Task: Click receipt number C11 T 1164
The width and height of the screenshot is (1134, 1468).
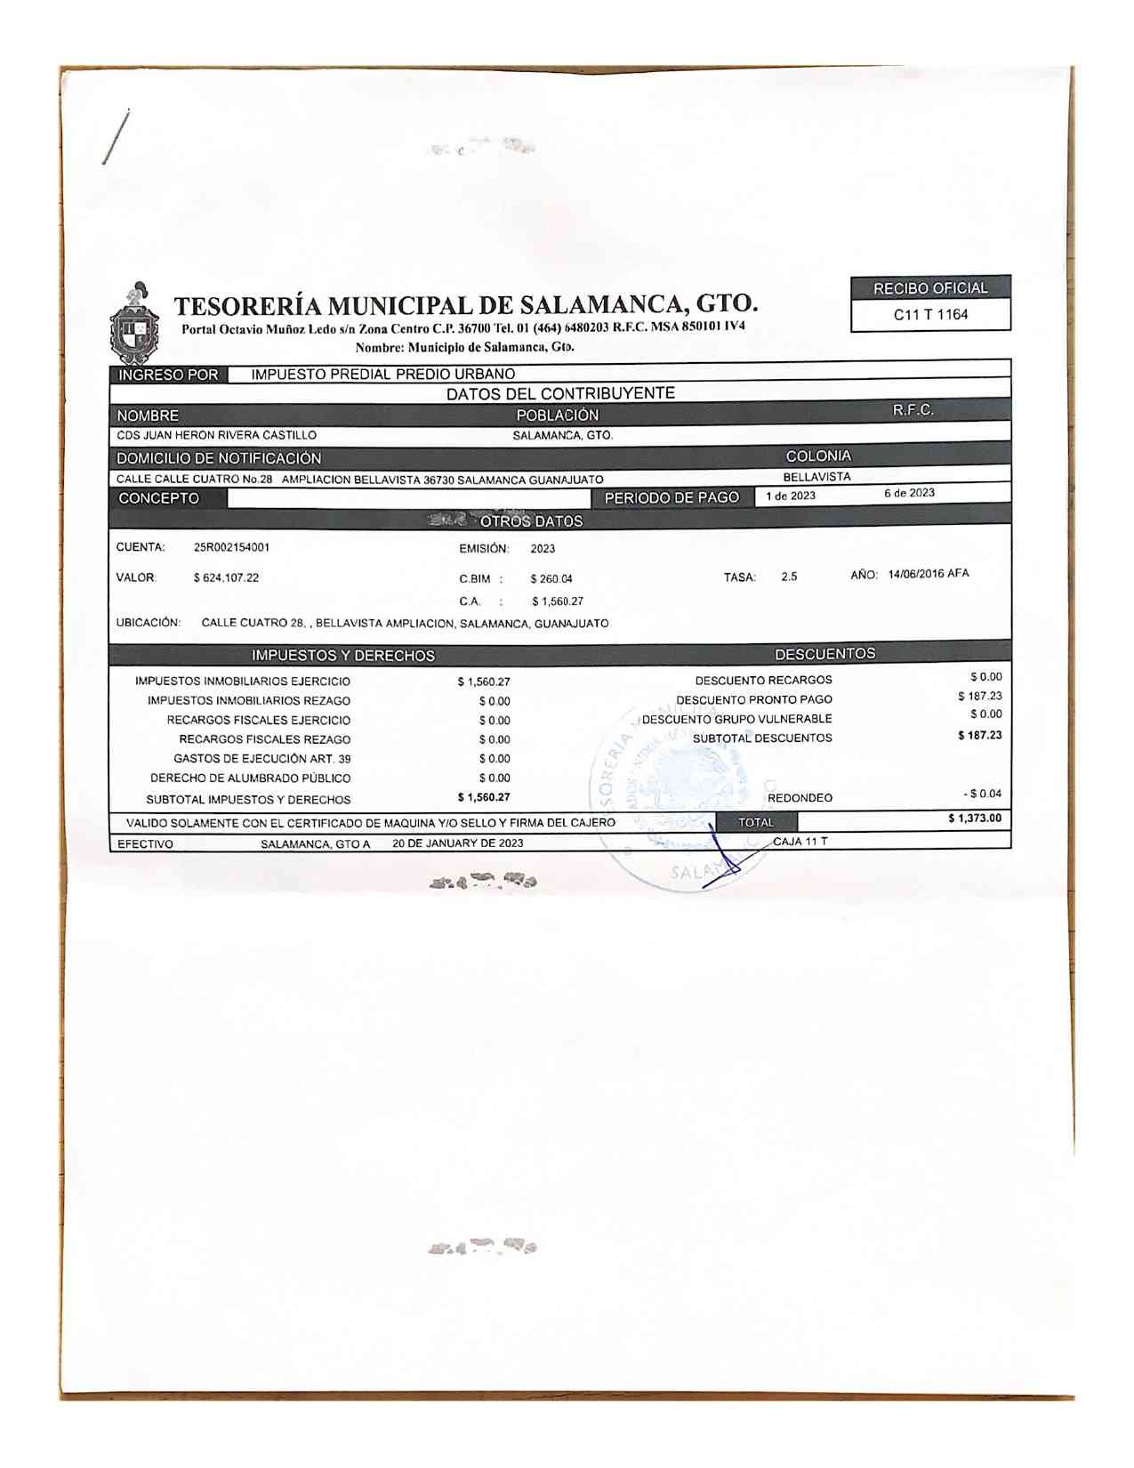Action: click(930, 315)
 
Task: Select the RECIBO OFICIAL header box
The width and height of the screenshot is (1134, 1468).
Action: click(930, 288)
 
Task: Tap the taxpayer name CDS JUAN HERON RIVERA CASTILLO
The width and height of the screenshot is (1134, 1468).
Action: click(216, 436)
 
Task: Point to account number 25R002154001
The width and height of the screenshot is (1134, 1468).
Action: click(231, 547)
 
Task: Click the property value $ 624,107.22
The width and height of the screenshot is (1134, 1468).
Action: click(226, 578)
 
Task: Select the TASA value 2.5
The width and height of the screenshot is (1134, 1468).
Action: click(789, 577)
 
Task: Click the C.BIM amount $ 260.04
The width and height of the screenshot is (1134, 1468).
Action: click(551, 579)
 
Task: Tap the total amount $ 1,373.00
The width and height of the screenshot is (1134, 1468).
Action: click(975, 819)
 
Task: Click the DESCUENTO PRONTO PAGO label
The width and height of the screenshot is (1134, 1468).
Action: click(754, 700)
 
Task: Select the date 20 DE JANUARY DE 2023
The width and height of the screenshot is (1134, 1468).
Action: click(457, 843)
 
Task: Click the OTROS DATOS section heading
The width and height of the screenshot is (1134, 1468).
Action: click(531, 521)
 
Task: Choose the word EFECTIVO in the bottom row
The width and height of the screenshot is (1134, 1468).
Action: click(146, 844)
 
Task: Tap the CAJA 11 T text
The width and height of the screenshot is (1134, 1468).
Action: click(800, 842)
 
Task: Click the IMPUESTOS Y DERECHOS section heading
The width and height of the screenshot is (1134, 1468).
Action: click(343, 656)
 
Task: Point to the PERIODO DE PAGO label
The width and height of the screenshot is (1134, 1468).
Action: click(672, 498)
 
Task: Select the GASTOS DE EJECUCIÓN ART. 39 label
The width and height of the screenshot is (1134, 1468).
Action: click(262, 759)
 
